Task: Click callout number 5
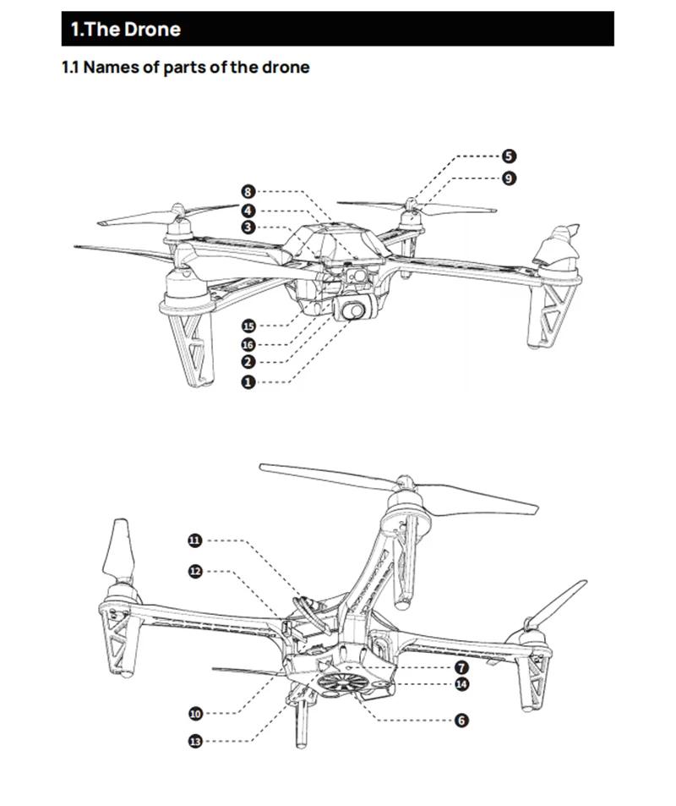click(508, 156)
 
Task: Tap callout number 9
click(508, 178)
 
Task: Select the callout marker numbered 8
click(248, 192)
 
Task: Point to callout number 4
click(248, 211)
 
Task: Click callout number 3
click(248, 228)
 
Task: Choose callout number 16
click(248, 345)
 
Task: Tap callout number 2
click(248, 362)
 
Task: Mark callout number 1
click(248, 382)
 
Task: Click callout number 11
click(195, 540)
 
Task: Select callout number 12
click(195, 571)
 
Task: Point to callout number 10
click(195, 713)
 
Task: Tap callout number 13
click(195, 741)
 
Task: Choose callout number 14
click(461, 684)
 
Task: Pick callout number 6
click(461, 721)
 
